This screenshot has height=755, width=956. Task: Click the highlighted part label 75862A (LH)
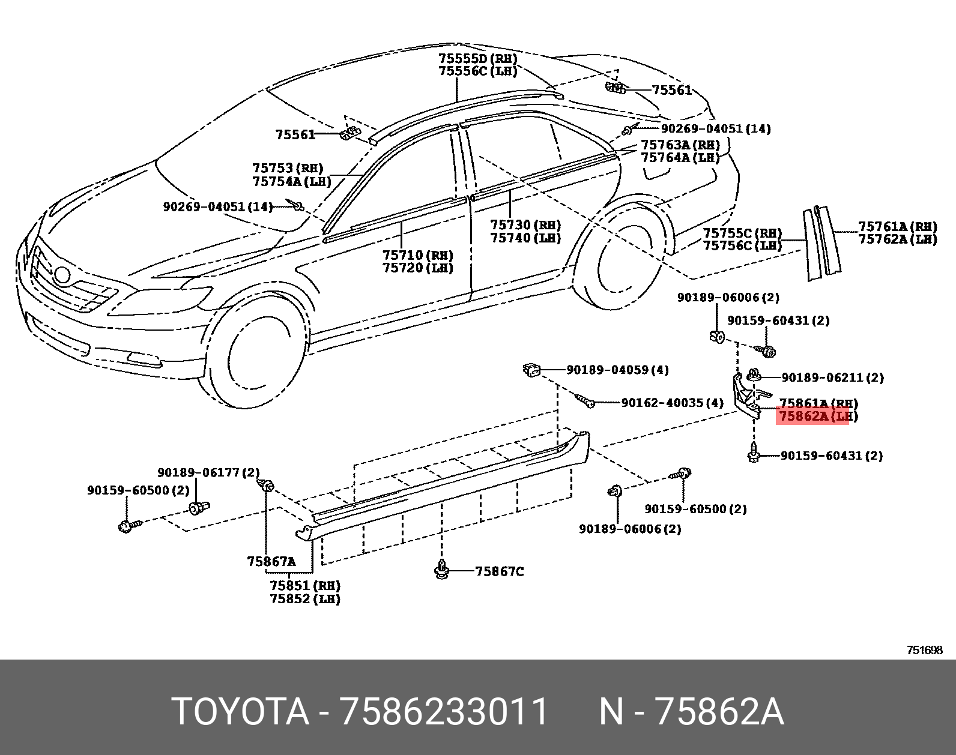pyautogui.click(x=817, y=415)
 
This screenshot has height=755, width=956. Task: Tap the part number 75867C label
pyautogui.click(x=499, y=571)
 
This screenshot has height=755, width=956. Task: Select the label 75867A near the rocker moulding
pyautogui.click(x=271, y=562)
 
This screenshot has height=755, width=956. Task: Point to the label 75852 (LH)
pyautogui.click(x=304, y=599)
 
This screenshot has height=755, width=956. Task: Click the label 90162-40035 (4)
pyautogui.click(x=672, y=403)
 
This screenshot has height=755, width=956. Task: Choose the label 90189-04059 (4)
pyautogui.click(x=617, y=370)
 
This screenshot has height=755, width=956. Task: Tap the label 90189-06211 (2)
pyautogui.click(x=832, y=377)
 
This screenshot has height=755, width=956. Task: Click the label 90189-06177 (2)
pyautogui.click(x=208, y=472)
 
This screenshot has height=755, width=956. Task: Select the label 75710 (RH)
pyautogui.click(x=418, y=256)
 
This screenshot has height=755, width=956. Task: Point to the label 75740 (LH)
pyautogui.click(x=525, y=238)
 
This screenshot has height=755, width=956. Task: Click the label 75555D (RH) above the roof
pyautogui.click(x=477, y=59)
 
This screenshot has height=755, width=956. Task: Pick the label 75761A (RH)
pyautogui.click(x=897, y=226)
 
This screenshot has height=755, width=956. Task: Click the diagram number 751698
pyautogui.click(x=924, y=650)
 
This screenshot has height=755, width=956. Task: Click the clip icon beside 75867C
pyautogui.click(x=443, y=571)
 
